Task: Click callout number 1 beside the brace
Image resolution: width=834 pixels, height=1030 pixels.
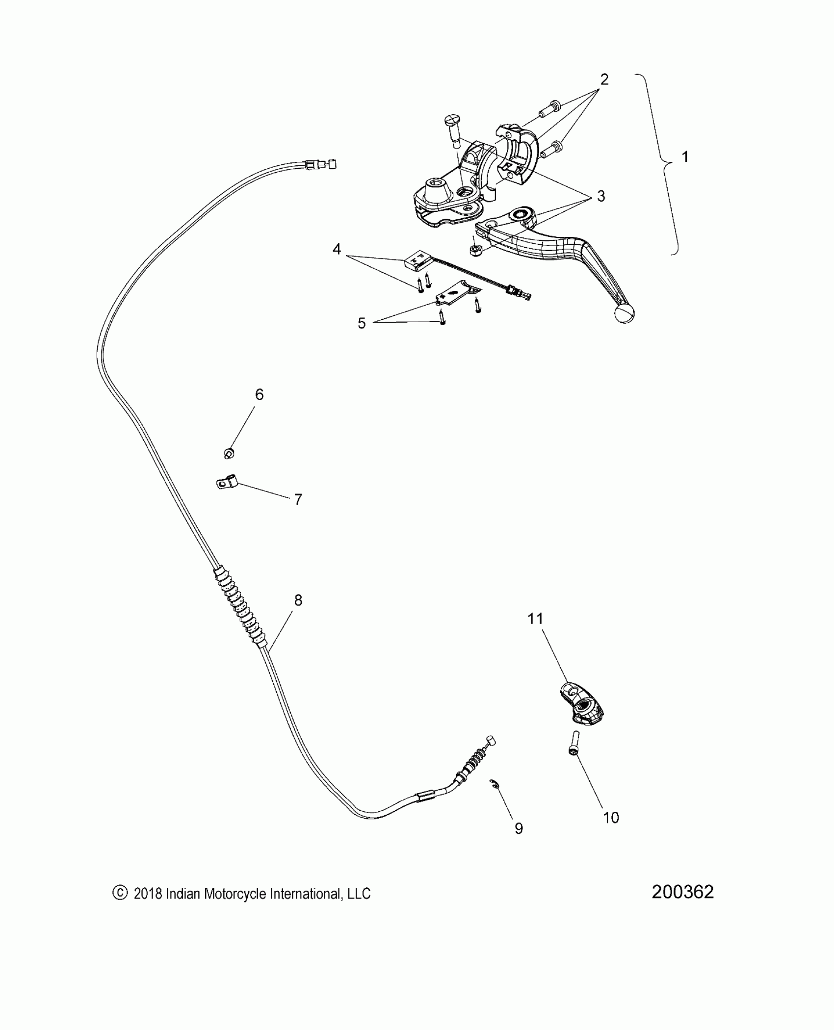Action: tap(685, 157)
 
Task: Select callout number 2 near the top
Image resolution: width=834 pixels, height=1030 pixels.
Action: tap(604, 79)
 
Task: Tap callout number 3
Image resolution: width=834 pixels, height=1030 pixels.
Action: tap(600, 196)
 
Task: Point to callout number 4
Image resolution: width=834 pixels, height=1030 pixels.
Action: tap(337, 250)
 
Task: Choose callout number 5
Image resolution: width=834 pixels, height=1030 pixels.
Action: tap(362, 323)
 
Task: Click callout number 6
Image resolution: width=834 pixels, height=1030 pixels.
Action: tap(259, 394)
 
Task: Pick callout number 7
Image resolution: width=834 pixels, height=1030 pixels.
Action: tap(298, 500)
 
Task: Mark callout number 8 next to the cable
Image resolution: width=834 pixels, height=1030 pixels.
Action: tap(298, 600)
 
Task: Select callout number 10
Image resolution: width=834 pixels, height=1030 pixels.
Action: tap(611, 818)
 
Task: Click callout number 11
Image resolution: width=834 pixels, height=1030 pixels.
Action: tap(535, 619)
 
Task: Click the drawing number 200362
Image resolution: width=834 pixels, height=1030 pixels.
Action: tap(682, 892)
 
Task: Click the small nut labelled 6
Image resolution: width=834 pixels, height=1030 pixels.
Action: tap(228, 453)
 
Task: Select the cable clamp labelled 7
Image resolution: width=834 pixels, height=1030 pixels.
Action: tap(226, 484)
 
